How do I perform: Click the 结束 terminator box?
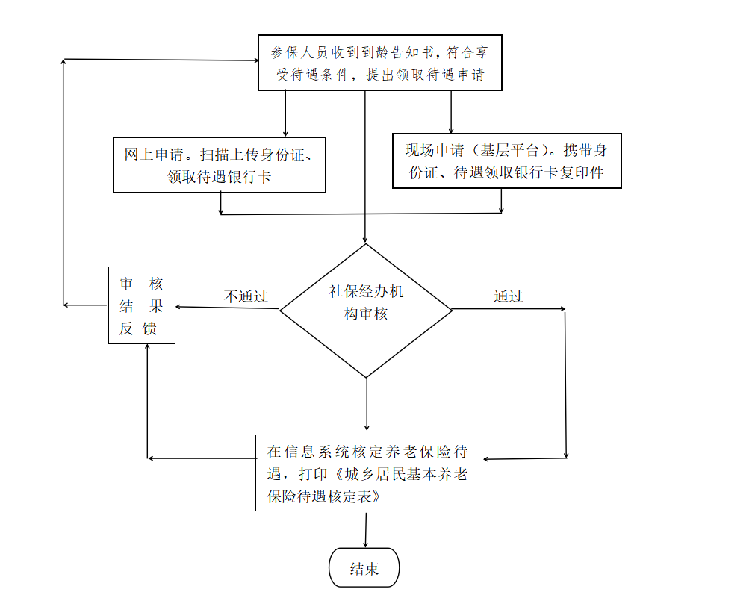coord(364,567)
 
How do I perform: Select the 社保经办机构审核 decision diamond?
coord(366,310)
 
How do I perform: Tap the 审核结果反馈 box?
coord(142,305)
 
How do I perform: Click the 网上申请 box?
coord(220,165)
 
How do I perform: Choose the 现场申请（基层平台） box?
coord(507,161)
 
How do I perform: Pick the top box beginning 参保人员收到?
coord(380,63)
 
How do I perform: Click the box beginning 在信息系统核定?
coord(367,473)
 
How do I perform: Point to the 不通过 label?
coord(246,296)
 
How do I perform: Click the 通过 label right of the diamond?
coord(509,296)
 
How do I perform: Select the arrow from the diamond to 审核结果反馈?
coord(227,308)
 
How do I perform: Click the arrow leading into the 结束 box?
coord(366,529)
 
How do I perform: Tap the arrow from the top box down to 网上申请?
coord(285,113)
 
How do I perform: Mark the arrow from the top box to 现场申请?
coord(451,112)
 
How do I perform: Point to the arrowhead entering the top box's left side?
coord(255,60)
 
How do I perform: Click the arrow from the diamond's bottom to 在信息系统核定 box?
coord(367,404)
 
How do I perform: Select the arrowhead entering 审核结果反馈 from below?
coord(147,347)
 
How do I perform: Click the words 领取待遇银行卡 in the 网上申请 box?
coord(219,177)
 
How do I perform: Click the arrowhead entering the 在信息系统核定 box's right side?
coord(486,459)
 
